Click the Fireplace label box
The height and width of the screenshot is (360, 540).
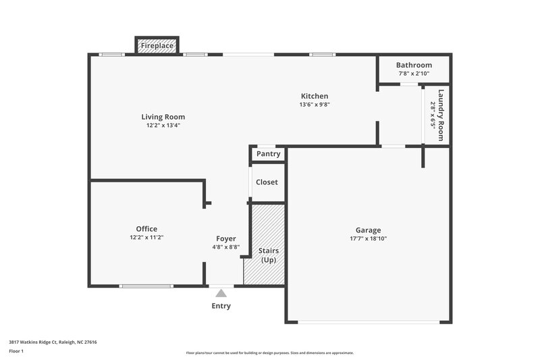(x=157, y=46)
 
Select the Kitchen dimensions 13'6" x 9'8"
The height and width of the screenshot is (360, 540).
(x=315, y=105)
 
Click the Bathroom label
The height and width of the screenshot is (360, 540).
(x=413, y=65)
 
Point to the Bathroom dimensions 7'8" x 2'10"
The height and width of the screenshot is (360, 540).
(x=413, y=74)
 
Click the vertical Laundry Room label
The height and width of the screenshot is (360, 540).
(x=441, y=115)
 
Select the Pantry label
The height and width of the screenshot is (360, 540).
(x=267, y=155)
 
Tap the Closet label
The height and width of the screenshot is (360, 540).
(x=267, y=182)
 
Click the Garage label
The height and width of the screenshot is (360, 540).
(x=368, y=230)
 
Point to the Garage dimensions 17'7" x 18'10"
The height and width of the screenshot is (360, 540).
(x=368, y=238)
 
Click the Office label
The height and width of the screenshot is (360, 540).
(x=146, y=229)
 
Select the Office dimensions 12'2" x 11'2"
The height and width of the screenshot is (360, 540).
(x=146, y=238)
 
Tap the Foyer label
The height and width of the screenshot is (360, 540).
(x=225, y=238)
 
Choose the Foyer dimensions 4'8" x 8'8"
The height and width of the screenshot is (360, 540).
(x=225, y=247)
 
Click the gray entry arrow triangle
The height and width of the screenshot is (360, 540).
(x=221, y=292)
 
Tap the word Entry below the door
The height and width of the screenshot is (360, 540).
(x=221, y=306)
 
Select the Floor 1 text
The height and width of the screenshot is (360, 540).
(x=16, y=352)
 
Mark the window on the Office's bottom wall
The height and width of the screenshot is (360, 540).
(x=146, y=286)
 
